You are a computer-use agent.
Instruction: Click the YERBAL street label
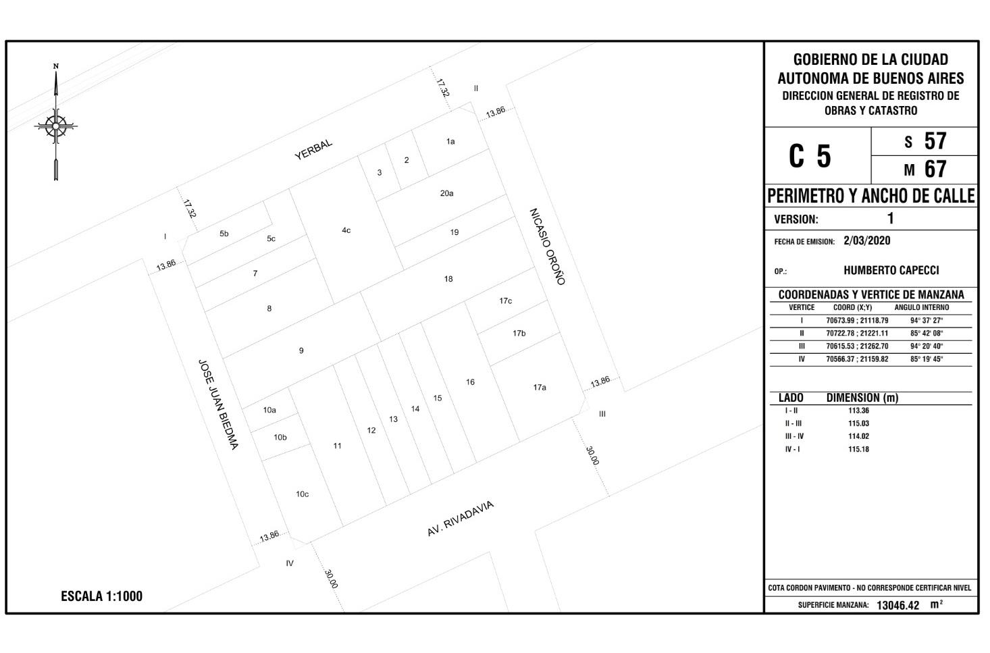(313, 150)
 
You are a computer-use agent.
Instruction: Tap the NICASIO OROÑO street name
(548, 246)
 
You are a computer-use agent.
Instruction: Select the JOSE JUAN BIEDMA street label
(218, 404)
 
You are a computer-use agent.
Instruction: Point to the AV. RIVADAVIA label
(460, 518)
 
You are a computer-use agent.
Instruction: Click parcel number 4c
(346, 230)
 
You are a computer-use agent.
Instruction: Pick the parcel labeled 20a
(447, 193)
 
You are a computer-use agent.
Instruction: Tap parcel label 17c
(506, 301)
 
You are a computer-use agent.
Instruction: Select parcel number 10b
(280, 438)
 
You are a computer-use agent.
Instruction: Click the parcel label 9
(301, 350)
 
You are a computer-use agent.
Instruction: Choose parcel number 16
(470, 382)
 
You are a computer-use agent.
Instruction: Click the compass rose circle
(55, 126)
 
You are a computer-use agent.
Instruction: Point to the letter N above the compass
(55, 66)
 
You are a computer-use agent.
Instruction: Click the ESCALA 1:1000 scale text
(102, 596)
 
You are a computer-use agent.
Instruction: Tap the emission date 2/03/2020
(866, 241)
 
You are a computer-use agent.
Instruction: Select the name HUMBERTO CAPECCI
(891, 270)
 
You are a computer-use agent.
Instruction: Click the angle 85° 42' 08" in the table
(927, 334)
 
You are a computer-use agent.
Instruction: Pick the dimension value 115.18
(858, 449)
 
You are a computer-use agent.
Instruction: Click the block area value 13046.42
(897, 605)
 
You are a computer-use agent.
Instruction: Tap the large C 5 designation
(810, 157)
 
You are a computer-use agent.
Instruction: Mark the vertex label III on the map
(602, 414)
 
